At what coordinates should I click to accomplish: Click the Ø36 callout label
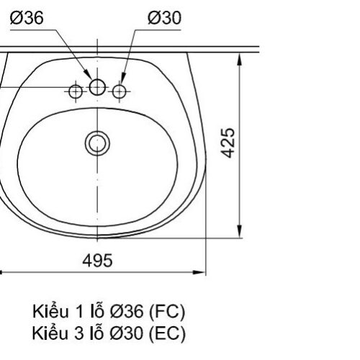coord(27,18)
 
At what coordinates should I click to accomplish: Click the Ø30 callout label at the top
coord(164,18)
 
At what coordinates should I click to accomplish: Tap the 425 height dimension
coord(228,143)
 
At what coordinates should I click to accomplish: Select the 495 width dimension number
coord(97,261)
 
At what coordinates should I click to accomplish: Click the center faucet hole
coord(97,87)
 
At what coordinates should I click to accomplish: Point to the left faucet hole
coord(76,91)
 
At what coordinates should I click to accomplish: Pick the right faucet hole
coord(120,91)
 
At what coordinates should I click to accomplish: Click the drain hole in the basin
coord(97,143)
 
